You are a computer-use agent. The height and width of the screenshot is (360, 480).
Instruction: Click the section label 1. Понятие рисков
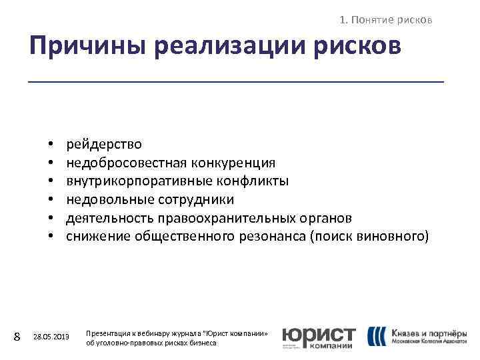click(x=386, y=20)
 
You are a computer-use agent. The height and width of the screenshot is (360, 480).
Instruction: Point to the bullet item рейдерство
click(x=103, y=144)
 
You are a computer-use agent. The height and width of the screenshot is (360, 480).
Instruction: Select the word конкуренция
click(x=233, y=163)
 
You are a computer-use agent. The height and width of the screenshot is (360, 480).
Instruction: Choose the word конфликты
click(x=251, y=181)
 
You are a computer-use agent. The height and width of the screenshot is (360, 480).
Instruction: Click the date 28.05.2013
click(x=51, y=337)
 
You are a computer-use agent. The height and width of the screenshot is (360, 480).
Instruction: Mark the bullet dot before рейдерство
click(x=51, y=145)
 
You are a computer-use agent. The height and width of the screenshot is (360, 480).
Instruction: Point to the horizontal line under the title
click(x=236, y=81)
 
